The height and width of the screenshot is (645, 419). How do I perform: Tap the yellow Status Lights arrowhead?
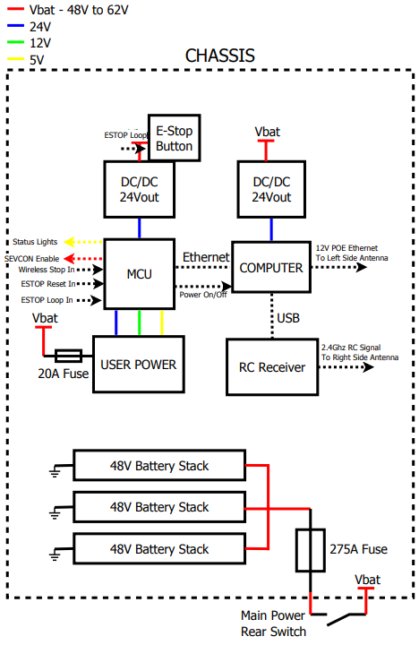click(x=70, y=242)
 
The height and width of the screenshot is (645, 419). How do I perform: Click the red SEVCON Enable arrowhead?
click(x=70, y=259)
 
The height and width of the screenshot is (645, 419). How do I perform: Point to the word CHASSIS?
click(x=220, y=56)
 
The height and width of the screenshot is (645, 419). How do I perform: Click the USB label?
click(x=288, y=318)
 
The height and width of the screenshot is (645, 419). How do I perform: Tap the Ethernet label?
click(x=206, y=257)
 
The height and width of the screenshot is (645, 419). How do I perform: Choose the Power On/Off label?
click(x=203, y=295)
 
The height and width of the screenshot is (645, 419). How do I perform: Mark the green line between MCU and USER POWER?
click(x=140, y=322)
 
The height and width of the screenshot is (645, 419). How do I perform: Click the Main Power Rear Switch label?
click(x=273, y=623)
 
